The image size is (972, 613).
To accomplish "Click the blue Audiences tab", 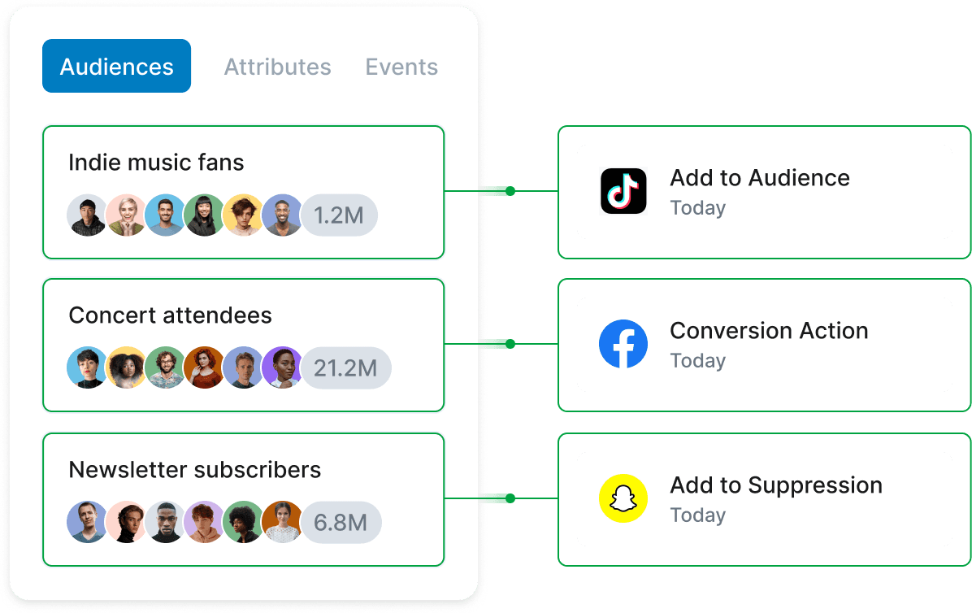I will click(x=116, y=66).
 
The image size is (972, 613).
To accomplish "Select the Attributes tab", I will click(x=277, y=67).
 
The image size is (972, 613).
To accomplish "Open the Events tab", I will click(x=401, y=67).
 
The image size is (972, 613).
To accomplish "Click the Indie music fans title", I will click(x=156, y=163).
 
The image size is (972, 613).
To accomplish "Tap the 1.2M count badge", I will click(x=340, y=215).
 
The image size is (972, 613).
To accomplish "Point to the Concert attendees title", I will click(x=170, y=315).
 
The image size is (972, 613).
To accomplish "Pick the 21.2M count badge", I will click(x=346, y=368).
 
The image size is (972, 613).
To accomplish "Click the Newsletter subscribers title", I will click(x=194, y=470).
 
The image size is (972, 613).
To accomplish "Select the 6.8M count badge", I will click(x=341, y=523).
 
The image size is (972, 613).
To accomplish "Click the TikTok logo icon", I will click(x=623, y=191).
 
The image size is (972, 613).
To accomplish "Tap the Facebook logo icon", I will click(x=623, y=344).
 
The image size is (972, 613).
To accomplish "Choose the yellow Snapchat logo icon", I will click(x=623, y=498).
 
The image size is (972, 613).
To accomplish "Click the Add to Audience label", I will click(x=759, y=178).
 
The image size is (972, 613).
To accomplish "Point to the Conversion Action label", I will click(x=769, y=331).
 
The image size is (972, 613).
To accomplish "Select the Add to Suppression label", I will click(x=775, y=485).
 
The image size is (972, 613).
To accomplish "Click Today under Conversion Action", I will click(x=697, y=361).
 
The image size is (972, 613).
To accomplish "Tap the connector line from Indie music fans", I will click(x=500, y=191).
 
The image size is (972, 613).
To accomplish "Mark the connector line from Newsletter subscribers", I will click(x=500, y=498).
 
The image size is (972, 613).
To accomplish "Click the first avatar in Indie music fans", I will click(x=86, y=215).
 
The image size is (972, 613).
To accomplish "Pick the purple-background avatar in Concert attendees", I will click(x=281, y=368).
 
